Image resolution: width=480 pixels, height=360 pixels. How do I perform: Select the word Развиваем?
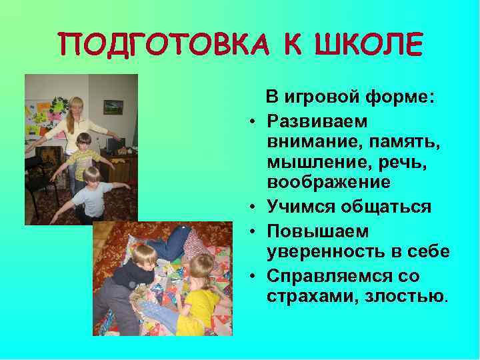(310, 121)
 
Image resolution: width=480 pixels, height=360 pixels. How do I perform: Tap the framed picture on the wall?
(113, 106)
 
